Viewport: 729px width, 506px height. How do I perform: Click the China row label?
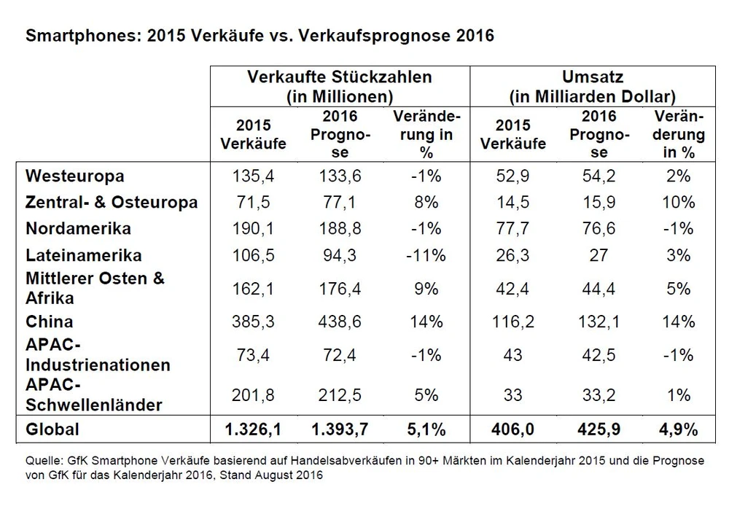click(x=49, y=321)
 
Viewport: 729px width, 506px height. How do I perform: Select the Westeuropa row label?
click(x=74, y=176)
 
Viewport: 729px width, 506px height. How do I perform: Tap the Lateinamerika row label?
click(x=82, y=255)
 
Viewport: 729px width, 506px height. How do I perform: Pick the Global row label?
click(x=52, y=429)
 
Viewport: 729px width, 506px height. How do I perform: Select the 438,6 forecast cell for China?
click(x=339, y=321)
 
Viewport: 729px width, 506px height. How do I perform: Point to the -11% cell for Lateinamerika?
click(x=425, y=255)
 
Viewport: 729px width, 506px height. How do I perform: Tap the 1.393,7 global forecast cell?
click(x=339, y=429)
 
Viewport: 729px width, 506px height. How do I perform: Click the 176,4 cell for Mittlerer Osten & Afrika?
click(x=339, y=289)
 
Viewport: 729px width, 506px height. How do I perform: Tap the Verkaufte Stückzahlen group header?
click(x=340, y=85)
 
